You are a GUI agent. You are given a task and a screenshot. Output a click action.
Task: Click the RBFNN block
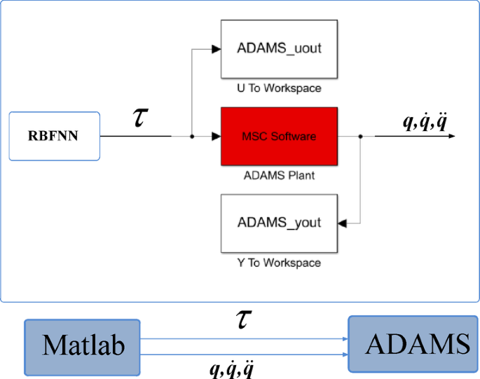point(53,136)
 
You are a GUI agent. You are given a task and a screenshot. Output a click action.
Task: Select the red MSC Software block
point(279,137)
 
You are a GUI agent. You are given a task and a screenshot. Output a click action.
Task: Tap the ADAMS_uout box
point(279,49)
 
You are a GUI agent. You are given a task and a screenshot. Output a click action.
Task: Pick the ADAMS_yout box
point(279,223)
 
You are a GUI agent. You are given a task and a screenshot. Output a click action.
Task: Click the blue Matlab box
point(83,345)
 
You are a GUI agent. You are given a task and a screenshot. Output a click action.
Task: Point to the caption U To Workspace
point(279,88)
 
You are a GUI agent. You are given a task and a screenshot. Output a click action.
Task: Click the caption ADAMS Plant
point(279,176)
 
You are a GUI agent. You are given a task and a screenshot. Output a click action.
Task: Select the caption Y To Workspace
point(279,263)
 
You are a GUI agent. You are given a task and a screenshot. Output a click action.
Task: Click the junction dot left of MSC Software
point(191,137)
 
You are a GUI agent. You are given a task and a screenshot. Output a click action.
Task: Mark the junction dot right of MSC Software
point(359,137)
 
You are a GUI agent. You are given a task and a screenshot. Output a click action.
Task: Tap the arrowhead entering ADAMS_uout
point(216,49)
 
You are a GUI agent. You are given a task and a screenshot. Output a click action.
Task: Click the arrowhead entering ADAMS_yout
point(343,223)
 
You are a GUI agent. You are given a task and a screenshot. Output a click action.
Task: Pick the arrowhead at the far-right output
point(451,137)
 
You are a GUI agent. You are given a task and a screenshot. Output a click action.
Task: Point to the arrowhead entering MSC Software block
point(216,137)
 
